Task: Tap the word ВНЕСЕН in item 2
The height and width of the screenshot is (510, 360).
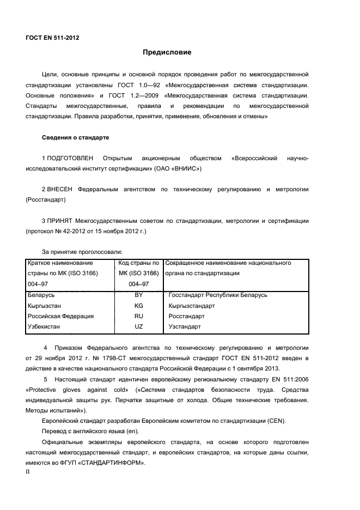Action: tap(60, 189)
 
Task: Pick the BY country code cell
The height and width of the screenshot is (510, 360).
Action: tap(138, 295)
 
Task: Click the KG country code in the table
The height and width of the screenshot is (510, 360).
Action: tap(138, 306)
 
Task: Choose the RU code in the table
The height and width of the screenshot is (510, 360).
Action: tap(138, 316)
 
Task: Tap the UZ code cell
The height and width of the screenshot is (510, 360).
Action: tap(138, 327)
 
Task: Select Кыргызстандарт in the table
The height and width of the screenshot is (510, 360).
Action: tap(192, 306)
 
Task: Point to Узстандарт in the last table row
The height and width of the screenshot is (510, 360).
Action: tap(185, 327)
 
